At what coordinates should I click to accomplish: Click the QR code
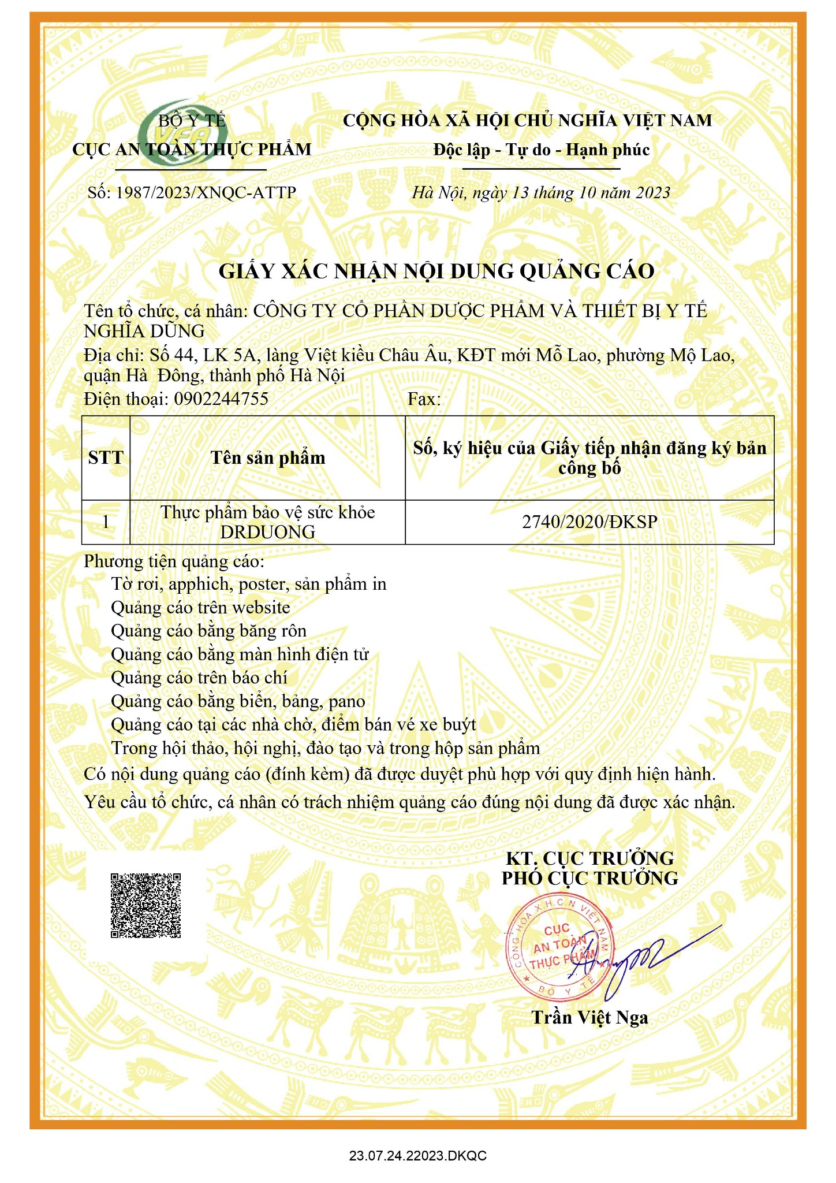(145, 905)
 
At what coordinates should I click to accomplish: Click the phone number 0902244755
(221, 399)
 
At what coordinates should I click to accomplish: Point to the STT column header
(106, 457)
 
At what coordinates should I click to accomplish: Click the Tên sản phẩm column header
(268, 457)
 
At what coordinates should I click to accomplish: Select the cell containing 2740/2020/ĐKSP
(589, 522)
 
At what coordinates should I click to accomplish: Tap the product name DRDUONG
(268, 532)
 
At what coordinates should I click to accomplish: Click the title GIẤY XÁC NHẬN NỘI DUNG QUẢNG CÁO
(436, 271)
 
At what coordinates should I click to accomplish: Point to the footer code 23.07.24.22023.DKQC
(418, 1156)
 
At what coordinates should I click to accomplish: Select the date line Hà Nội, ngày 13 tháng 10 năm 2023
(541, 192)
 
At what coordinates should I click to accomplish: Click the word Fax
(424, 399)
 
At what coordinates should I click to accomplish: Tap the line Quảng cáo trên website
(200, 607)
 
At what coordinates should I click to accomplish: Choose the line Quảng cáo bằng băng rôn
(208, 630)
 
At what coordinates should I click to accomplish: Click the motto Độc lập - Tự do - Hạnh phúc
(542, 150)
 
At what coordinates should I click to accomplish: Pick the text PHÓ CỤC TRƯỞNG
(589, 878)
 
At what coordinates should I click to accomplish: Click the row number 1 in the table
(106, 522)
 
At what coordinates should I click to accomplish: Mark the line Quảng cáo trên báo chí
(199, 678)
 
